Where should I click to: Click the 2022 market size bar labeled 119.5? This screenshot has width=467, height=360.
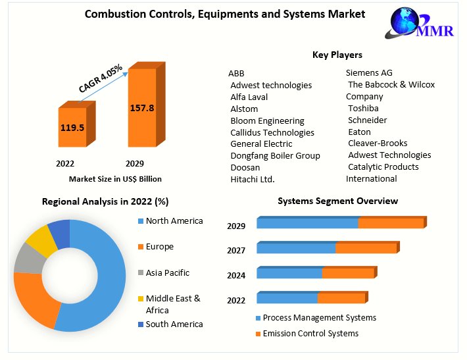(x=72, y=127)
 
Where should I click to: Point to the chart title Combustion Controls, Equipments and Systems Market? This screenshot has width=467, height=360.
(x=226, y=14)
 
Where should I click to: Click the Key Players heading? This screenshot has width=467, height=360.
(x=337, y=55)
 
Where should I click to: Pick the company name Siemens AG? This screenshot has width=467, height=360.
(x=369, y=73)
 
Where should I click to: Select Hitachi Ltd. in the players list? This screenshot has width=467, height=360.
(x=252, y=179)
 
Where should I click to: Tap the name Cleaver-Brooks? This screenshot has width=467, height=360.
(x=378, y=143)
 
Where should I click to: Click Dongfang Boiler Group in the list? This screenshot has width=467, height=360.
(x=275, y=155)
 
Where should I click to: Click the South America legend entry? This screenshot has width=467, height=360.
(x=174, y=324)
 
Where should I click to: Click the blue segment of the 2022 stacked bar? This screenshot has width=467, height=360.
(x=287, y=298)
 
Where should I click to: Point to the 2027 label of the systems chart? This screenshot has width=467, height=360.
(x=236, y=251)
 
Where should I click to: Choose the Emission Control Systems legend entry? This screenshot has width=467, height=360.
(x=310, y=334)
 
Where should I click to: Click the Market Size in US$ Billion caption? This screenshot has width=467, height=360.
(x=115, y=178)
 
